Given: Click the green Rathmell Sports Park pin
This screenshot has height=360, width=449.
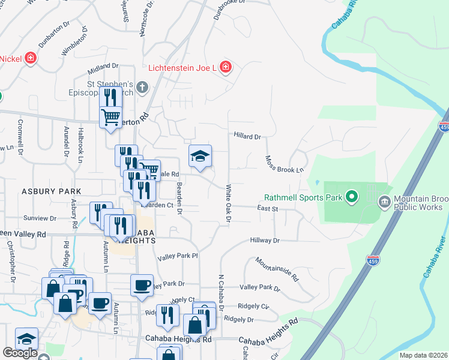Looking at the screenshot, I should (x=352, y=197).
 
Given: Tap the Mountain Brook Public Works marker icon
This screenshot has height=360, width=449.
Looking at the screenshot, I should (x=384, y=202).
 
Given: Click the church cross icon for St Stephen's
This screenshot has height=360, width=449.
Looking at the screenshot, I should (x=142, y=88).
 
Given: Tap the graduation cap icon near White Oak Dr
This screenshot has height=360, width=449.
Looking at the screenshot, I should (x=200, y=157).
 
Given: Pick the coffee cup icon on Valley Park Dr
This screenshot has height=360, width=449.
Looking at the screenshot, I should (x=142, y=285).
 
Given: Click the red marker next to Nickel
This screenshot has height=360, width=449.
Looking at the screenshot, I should (x=29, y=59).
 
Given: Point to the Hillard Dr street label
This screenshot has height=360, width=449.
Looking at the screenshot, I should (x=247, y=137).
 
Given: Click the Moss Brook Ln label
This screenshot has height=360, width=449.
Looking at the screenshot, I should (x=285, y=164).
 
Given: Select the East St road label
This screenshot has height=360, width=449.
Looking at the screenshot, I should (x=267, y=209).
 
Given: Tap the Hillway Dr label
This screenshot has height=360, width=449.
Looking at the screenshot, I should (x=265, y=241).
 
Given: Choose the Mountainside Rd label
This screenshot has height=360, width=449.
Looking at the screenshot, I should (x=276, y=269).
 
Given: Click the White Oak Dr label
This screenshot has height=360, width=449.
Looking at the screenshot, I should (x=228, y=204).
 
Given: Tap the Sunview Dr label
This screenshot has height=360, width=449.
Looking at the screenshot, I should (x=39, y=218).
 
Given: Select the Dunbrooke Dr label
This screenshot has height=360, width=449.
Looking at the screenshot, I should (x=229, y=10).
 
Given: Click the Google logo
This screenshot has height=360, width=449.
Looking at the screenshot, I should (x=20, y=353).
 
